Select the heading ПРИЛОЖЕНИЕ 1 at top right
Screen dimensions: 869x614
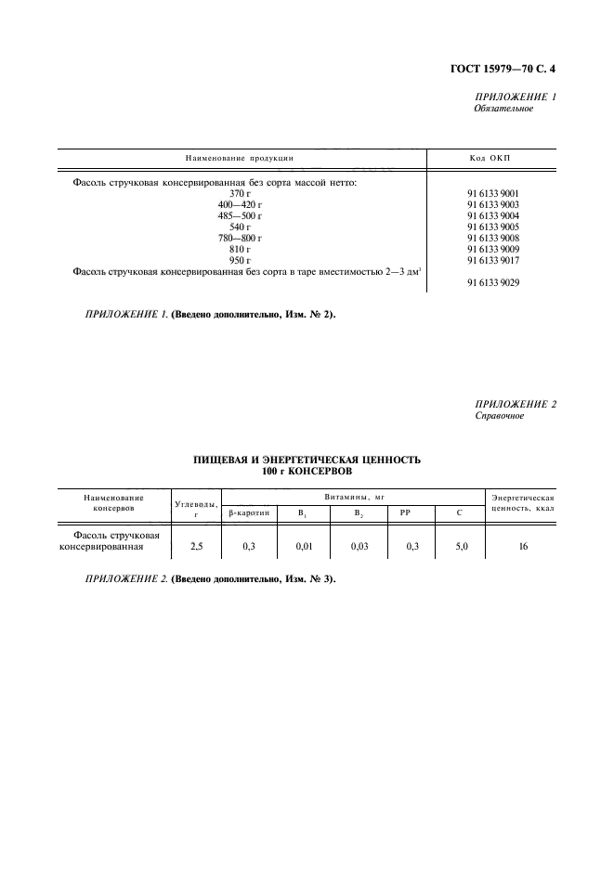point(515,97)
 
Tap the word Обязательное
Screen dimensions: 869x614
point(503,109)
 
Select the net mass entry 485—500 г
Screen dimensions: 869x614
point(240,215)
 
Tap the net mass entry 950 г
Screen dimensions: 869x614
point(241,260)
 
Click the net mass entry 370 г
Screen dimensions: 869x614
point(241,193)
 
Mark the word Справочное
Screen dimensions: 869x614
point(499,416)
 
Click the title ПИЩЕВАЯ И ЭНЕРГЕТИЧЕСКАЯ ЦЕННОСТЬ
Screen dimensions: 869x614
point(307,459)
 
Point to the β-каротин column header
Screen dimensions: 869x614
point(248,512)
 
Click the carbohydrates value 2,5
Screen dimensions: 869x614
point(196,547)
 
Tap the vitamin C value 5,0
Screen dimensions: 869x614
point(462,547)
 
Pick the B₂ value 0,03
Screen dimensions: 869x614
point(359,547)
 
